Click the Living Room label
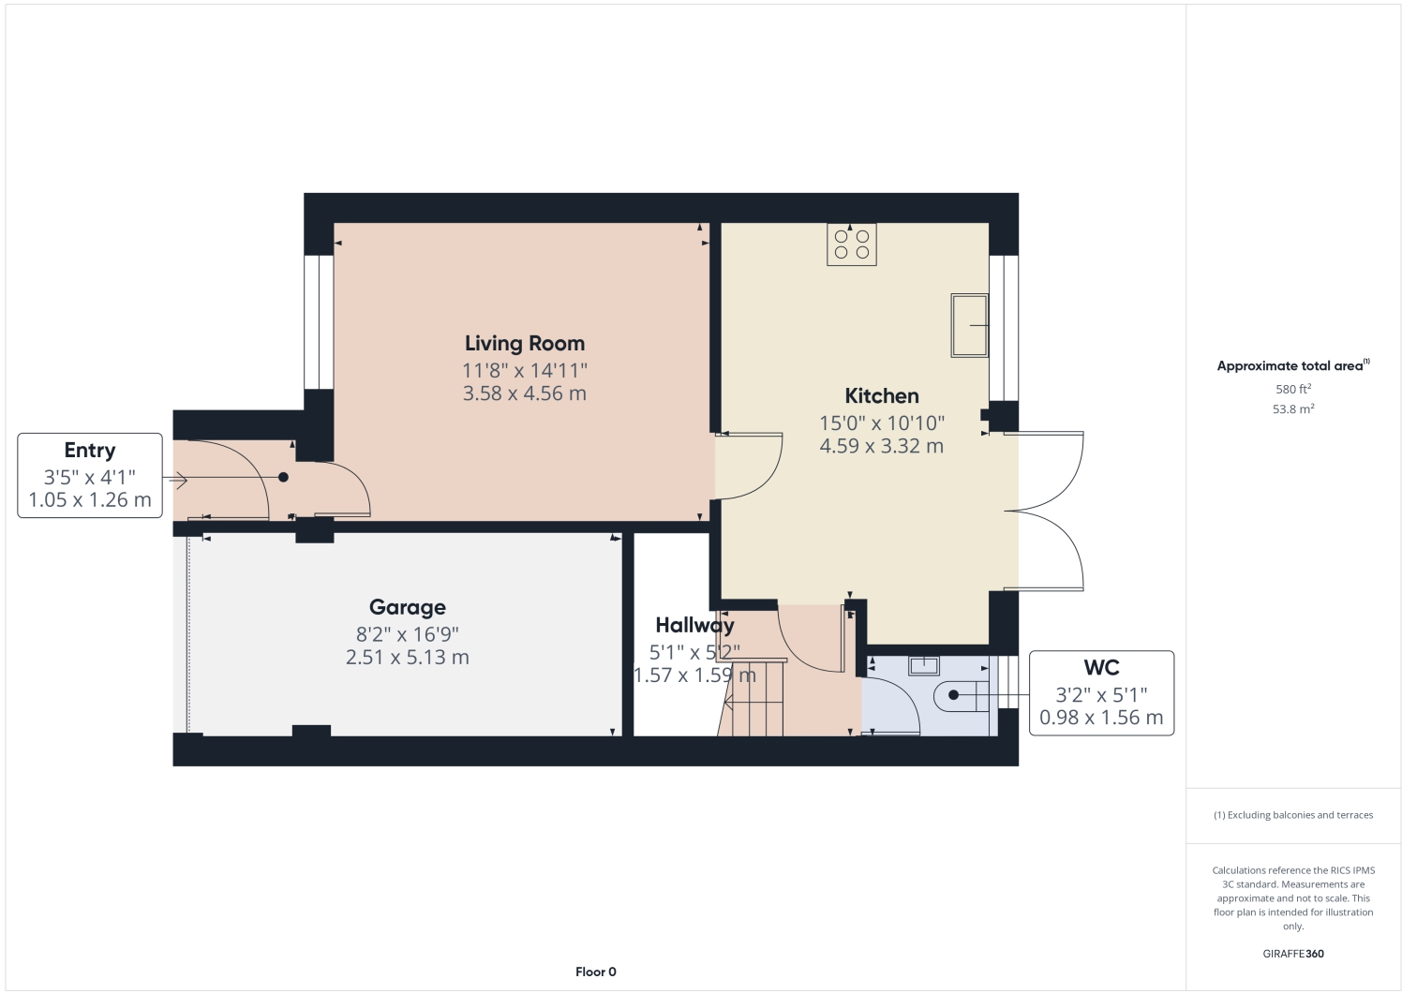[524, 344]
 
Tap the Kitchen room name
[881, 396]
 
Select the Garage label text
[407, 608]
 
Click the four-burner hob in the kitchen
[851, 245]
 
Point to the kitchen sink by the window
[969, 325]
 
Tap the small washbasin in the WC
[924, 666]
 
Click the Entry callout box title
[90, 451]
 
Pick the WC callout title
[1101, 668]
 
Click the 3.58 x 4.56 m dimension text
[524, 394]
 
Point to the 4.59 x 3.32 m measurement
[881, 447]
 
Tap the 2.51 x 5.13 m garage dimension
[407, 658]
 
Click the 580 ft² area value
[1292, 389]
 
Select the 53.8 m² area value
[1292, 409]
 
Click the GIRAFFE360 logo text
[1292, 954]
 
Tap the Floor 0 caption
[595, 972]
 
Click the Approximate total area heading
[1291, 366]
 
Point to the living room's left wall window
[319, 321]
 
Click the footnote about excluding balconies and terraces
[1292, 815]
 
